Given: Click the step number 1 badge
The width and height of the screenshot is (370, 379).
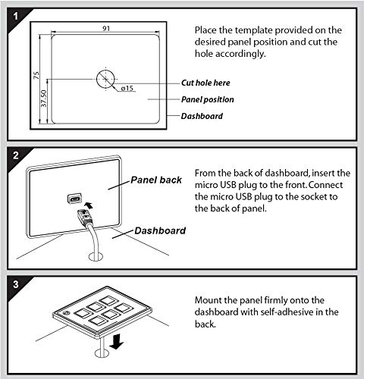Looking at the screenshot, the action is (x=16, y=17).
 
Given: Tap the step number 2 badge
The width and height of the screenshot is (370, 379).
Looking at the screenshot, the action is (x=16, y=155).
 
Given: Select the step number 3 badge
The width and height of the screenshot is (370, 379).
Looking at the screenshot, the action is (x=16, y=284).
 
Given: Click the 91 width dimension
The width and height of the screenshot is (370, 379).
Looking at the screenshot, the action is (x=106, y=28).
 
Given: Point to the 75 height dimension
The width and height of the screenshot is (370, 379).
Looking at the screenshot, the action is (x=36, y=75).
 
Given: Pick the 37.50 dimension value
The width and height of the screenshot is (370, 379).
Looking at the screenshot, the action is (x=43, y=99).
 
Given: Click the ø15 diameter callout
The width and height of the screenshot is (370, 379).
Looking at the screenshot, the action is (x=127, y=88).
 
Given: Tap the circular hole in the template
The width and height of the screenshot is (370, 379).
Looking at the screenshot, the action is (x=105, y=79).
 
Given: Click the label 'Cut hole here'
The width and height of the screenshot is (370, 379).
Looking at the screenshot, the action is (x=205, y=83).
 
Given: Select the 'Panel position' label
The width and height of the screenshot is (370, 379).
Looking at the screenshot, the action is (x=208, y=99).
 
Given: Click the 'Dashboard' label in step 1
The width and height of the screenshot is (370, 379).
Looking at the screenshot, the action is (x=202, y=116).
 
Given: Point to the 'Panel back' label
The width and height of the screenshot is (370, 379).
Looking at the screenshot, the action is (x=156, y=180).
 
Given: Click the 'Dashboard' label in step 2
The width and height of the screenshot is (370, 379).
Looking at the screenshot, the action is (x=160, y=230).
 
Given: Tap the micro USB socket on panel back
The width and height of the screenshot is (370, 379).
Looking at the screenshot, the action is (x=74, y=198).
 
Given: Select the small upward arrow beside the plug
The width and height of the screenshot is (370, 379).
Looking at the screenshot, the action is (x=89, y=205).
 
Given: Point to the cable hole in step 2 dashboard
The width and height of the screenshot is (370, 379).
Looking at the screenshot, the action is (x=96, y=257).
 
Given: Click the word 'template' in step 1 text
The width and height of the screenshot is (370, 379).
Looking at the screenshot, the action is (x=253, y=30).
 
